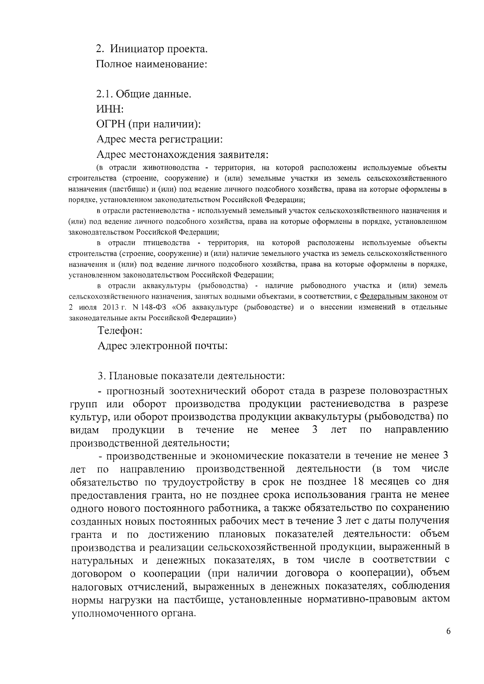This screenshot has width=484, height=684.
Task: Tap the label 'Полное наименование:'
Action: click(x=152, y=65)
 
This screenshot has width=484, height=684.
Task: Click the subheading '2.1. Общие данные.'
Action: click(x=144, y=94)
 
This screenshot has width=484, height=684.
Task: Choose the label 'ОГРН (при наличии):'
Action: click(x=149, y=125)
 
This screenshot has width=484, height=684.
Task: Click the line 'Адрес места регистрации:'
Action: click(x=160, y=140)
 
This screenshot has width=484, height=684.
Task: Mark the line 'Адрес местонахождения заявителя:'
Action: click(x=182, y=155)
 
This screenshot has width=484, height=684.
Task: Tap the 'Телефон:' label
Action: click(x=120, y=330)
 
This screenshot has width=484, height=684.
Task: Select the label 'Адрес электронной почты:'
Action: click(x=163, y=346)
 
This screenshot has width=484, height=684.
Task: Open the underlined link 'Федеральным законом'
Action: click(x=398, y=296)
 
